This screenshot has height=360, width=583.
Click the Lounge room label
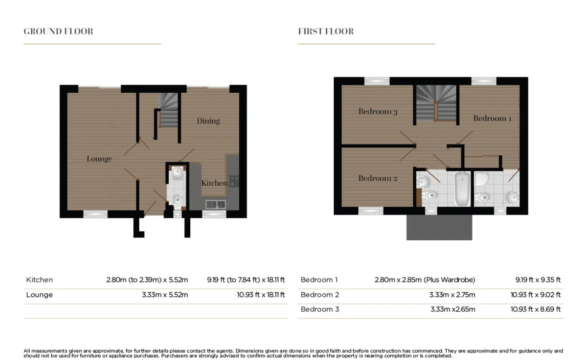tap(99, 159)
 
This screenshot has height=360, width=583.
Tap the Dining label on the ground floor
tap(208, 121)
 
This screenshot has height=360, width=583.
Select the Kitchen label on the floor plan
tap(215, 183)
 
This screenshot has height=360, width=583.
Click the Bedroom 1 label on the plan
tap(493, 118)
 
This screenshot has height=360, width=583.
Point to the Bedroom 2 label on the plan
tap(378, 178)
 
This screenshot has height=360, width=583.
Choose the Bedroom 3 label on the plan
tap(378, 112)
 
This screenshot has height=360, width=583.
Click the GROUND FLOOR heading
tap(58, 31)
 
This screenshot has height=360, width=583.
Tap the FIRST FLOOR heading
tap(326, 31)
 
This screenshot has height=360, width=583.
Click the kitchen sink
tap(216, 204)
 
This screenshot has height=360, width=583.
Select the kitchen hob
tap(234, 181)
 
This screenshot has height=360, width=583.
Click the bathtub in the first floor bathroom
tap(462, 189)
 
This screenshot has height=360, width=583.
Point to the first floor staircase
tap(436, 103)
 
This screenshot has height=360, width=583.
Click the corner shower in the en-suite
tap(482, 180)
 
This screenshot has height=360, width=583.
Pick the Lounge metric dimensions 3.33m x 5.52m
tap(165, 295)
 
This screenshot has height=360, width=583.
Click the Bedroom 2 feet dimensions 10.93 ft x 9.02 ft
tap(535, 295)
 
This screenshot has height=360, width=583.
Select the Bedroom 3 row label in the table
tap(320, 309)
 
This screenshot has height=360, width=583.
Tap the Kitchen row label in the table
tap(40, 280)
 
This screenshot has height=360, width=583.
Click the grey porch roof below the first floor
tap(439, 227)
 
